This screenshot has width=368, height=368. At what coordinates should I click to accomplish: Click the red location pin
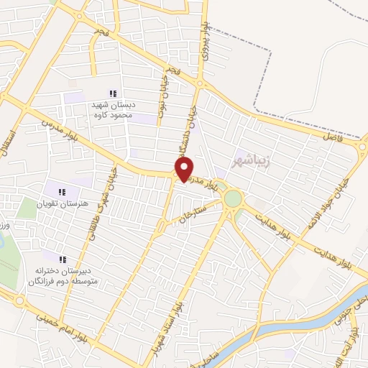tap(185, 170)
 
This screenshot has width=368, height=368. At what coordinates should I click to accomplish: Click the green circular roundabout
tap(233, 198)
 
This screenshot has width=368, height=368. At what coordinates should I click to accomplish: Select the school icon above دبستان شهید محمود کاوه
tap(112, 93)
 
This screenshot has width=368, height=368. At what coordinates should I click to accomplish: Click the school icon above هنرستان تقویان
tap(62, 192)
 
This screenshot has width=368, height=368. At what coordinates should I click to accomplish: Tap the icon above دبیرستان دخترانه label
tap(62, 259)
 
